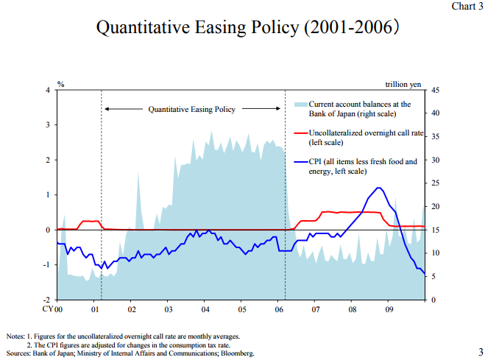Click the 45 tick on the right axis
436,90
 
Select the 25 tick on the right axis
436,183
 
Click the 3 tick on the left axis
48,125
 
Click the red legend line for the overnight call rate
300,133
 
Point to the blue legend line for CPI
300,161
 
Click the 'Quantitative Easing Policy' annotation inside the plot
192,109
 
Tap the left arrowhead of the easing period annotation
106,109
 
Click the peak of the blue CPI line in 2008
378,188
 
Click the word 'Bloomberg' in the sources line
238,354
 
